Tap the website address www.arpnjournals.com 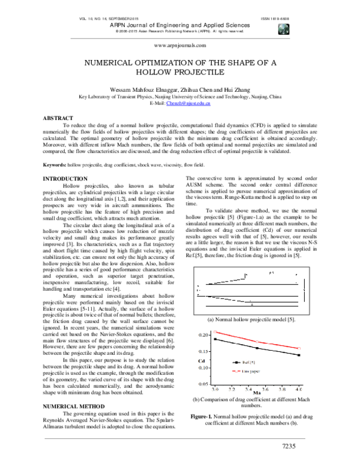(180, 45)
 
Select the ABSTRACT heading (59, 118)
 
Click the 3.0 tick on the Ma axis (214, 389)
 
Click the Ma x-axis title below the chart (256, 392)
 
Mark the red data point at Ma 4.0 (298, 348)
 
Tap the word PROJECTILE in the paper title (205, 72)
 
